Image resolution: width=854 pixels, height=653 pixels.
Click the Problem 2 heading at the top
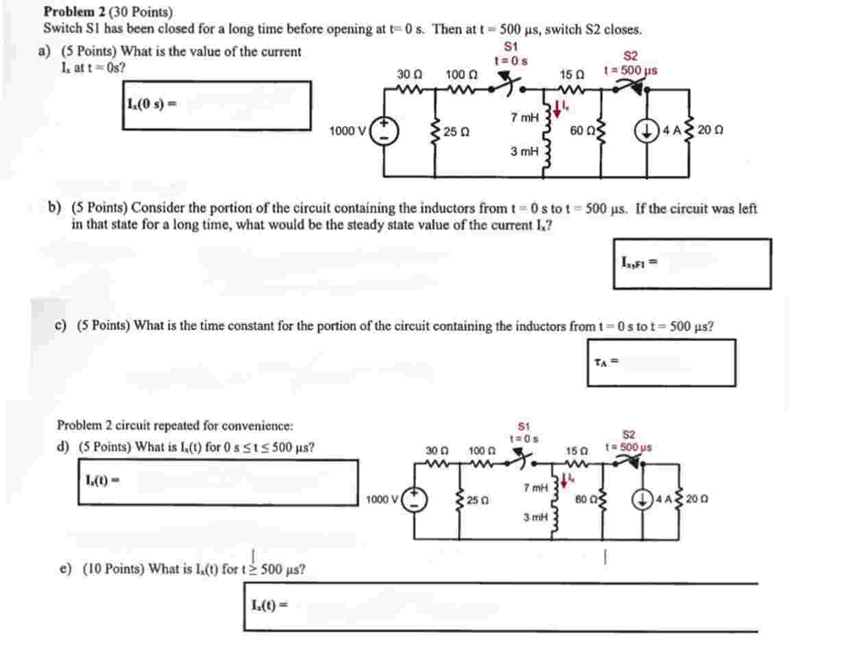pos(108,12)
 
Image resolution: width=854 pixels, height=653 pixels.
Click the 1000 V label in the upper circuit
pos(347,131)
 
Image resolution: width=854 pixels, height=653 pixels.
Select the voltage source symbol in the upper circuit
pos(384,130)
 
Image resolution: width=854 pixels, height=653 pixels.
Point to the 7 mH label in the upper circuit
pos(524,117)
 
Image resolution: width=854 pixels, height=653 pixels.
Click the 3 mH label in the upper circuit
pos(524,151)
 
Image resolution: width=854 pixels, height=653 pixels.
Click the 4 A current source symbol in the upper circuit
pos(647,130)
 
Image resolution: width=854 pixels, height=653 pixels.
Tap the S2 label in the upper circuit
pos(630,56)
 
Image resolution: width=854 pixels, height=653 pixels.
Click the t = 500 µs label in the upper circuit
pos(631,70)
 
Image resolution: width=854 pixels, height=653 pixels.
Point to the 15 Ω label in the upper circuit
pos(572,74)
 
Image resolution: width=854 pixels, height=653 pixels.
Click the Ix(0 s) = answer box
pos(217,105)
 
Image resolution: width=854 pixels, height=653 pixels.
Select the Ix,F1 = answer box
pos(692,263)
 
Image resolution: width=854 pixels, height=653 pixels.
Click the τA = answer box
pos(661,363)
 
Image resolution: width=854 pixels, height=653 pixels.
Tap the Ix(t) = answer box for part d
pos(218,482)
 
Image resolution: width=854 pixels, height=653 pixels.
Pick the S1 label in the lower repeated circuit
pos(524,426)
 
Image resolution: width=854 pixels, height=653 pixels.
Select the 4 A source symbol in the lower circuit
pos(642,500)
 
